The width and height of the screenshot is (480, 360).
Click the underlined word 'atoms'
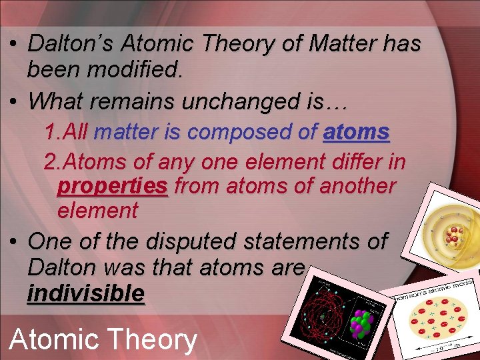pos(356,133)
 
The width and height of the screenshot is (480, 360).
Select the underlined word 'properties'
pos(113,186)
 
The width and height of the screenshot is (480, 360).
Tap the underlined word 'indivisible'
pos(85,293)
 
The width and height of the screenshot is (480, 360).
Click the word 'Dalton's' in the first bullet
pos(81,44)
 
